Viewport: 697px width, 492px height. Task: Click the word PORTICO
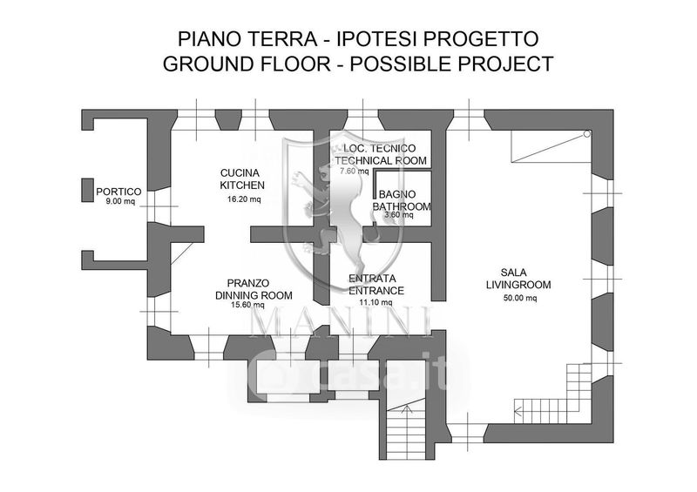(118, 192)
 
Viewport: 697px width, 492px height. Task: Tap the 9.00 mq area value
(119, 201)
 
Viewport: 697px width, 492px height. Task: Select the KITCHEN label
(242, 185)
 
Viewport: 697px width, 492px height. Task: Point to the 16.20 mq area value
(244, 199)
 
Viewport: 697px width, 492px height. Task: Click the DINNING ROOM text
(254, 295)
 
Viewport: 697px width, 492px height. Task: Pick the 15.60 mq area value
(247, 305)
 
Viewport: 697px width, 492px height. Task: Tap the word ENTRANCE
(376, 291)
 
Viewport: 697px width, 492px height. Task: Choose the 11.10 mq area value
(376, 303)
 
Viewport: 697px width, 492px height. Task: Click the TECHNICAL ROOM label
(381, 160)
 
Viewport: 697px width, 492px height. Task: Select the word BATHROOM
(402, 206)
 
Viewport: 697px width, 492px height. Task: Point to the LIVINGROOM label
(518, 285)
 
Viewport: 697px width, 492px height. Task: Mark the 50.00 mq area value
(519, 298)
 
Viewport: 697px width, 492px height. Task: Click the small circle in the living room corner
(586, 133)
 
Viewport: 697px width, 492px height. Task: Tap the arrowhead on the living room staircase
(518, 412)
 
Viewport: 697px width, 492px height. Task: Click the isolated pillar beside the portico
(88, 190)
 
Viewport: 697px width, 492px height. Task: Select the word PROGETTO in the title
(481, 39)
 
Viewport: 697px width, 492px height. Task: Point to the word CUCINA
(240, 173)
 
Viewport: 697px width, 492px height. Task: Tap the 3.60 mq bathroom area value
(399, 215)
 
